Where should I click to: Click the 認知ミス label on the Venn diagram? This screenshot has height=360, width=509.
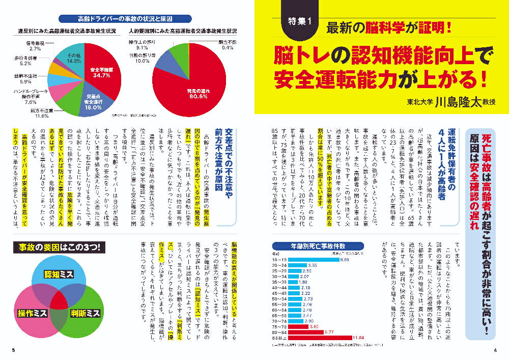pyautogui.click(x=58, y=274)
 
